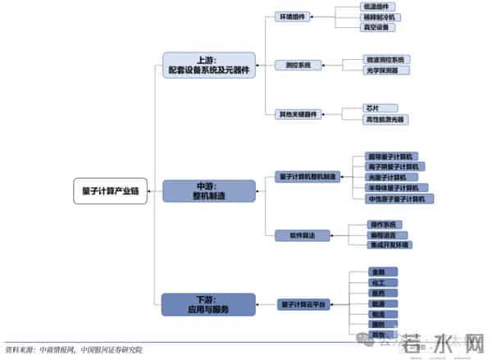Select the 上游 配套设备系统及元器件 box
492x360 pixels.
click(x=208, y=66)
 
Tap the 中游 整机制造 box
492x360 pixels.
click(x=208, y=191)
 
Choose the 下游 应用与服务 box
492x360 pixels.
click(x=208, y=304)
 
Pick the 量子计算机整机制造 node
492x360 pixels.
click(x=307, y=176)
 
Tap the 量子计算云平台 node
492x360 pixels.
click(x=303, y=304)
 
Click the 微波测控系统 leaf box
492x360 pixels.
click(x=386, y=60)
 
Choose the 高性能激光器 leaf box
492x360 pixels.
click(x=385, y=119)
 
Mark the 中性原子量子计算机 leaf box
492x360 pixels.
click(x=399, y=198)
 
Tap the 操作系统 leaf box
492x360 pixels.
click(x=378, y=224)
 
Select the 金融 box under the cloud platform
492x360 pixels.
click(x=378, y=271)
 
